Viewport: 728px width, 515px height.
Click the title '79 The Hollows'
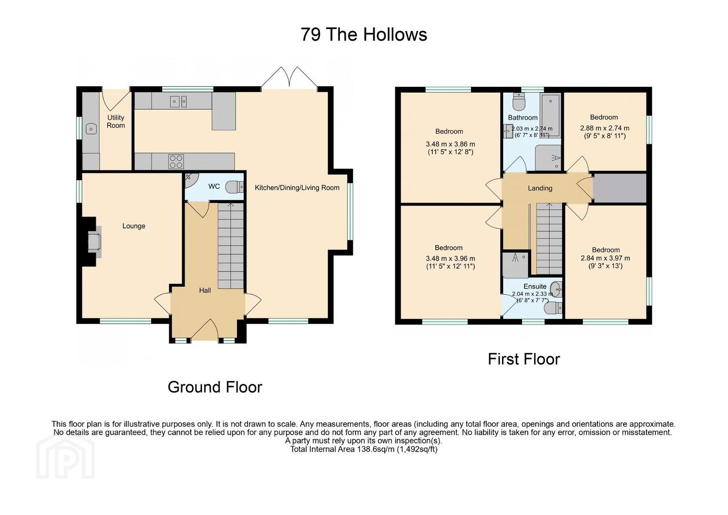pos(364,34)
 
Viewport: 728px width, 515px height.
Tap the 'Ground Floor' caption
pos(215,387)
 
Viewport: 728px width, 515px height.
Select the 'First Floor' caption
pos(524,359)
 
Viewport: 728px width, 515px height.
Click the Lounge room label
pos(133,226)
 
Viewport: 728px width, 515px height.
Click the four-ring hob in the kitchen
pos(176,162)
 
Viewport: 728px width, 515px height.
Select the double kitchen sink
pos(178,102)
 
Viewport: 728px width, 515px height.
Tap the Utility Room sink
pos(92,129)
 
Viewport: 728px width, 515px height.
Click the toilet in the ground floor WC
pos(235,187)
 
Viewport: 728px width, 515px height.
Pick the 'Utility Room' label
pos(116,121)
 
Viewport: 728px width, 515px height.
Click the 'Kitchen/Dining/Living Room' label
pos(297,187)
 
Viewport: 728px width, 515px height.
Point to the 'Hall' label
pos(205,290)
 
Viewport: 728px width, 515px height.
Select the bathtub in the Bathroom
pos(550,116)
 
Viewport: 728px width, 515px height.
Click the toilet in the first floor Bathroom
pos(519,101)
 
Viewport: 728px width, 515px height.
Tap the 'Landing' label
pos(540,188)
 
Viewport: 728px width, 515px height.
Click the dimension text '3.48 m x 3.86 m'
pos(451,144)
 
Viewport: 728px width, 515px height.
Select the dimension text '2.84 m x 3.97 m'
pos(605,258)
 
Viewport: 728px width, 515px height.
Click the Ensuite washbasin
pos(557,288)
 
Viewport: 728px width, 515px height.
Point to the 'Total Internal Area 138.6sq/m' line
pos(364,449)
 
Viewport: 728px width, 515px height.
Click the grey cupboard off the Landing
pos(619,188)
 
